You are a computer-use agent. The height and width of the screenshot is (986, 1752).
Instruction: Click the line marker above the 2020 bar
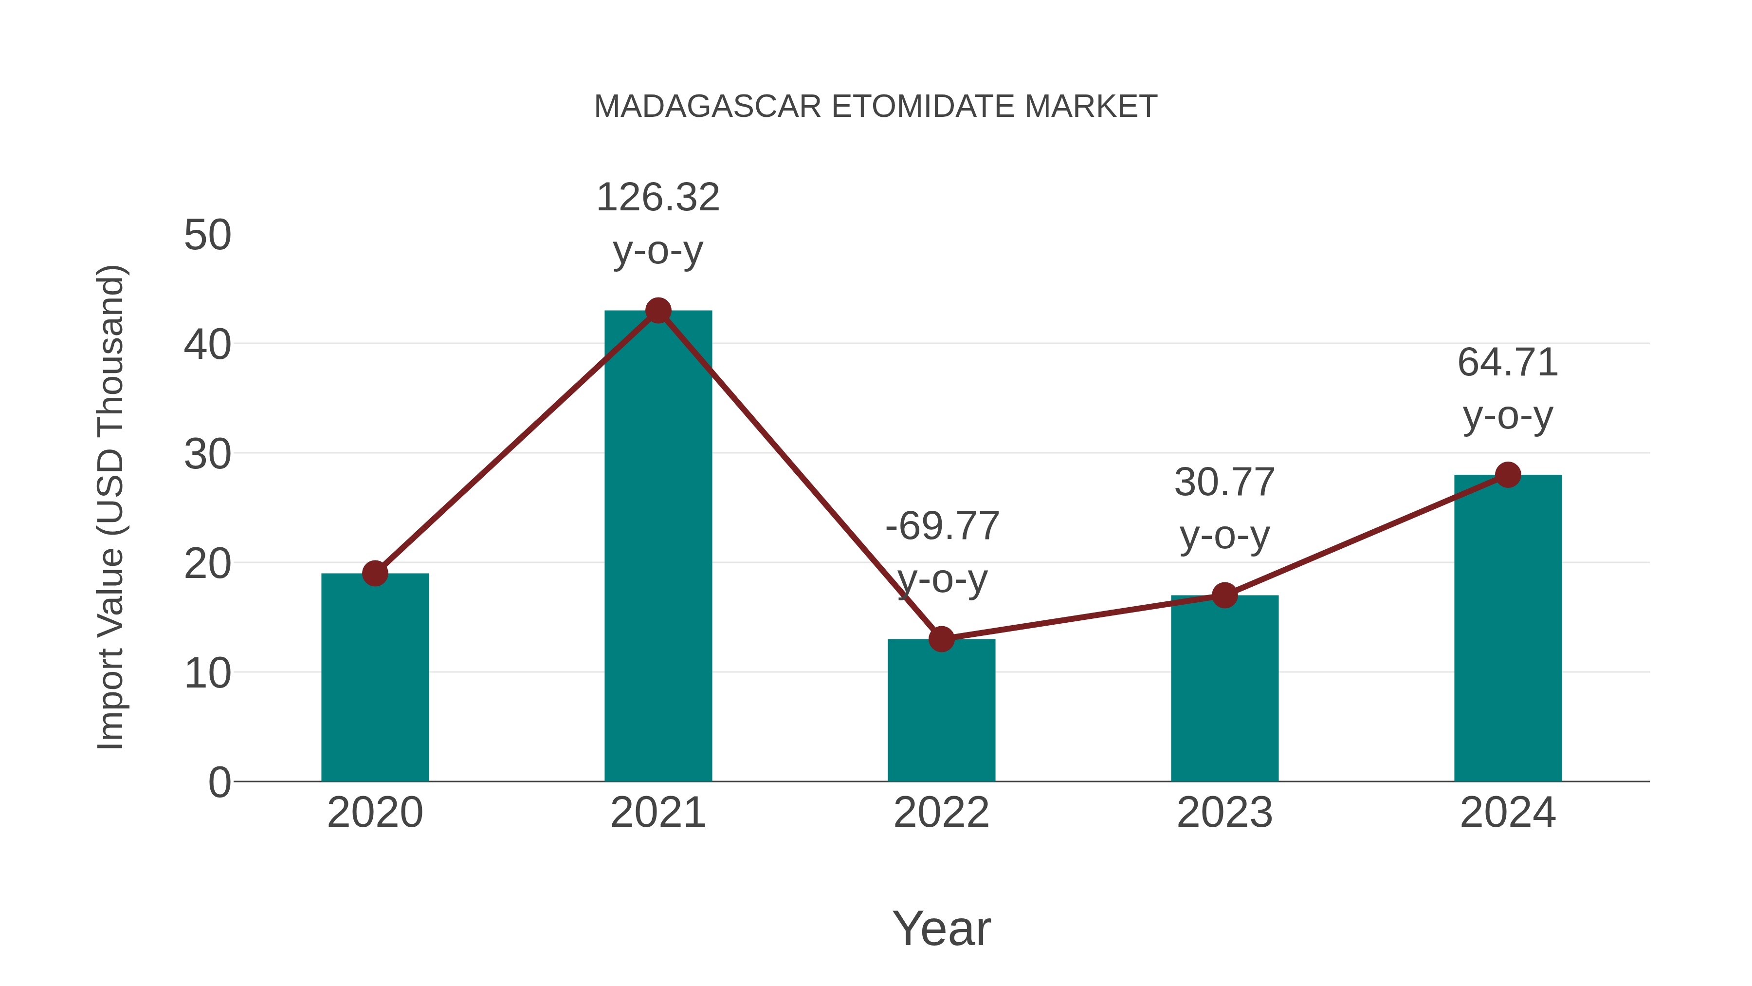point(375,574)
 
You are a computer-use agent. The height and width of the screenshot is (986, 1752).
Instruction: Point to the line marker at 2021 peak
point(657,311)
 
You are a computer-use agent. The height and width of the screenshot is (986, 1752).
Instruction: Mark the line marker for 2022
point(941,639)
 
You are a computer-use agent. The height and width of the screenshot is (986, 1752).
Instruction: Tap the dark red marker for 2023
point(1224,595)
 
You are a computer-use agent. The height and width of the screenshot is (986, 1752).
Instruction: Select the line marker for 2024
point(1508,475)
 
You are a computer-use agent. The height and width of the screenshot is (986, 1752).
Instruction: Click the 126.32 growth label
point(657,198)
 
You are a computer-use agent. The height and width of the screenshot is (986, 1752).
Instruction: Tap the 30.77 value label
point(1224,483)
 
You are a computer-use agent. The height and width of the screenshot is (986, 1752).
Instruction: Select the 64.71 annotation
point(1508,362)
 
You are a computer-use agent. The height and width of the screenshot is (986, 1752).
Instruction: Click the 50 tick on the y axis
point(207,236)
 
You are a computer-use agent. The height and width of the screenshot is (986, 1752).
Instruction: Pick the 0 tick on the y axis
point(219,782)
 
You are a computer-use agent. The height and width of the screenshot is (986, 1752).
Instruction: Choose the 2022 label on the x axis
point(941,813)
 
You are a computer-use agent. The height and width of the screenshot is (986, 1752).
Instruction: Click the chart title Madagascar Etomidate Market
point(876,106)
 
